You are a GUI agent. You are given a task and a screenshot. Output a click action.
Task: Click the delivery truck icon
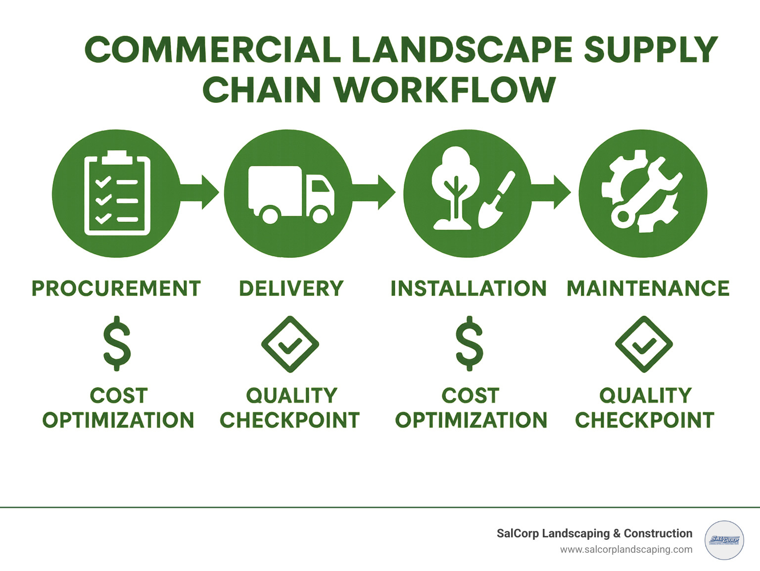(290, 194)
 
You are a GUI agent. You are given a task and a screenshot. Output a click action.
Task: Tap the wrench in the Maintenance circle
(643, 193)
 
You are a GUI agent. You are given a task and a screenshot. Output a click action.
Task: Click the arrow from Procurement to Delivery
(200, 191)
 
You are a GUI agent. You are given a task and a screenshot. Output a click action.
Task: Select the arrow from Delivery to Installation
(376, 191)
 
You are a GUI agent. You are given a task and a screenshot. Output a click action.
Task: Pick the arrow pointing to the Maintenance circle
(552, 191)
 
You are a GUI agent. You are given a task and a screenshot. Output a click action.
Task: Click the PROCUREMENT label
(116, 288)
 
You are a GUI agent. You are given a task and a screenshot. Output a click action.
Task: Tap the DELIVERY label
(291, 288)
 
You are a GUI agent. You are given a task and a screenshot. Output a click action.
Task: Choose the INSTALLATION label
(469, 288)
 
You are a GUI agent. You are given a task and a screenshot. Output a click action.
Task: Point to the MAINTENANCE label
(648, 288)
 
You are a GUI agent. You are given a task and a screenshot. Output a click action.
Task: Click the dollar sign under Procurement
(117, 343)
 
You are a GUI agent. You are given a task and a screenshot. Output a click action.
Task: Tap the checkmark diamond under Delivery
(290, 344)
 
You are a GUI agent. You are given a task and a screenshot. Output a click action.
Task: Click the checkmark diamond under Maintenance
(644, 344)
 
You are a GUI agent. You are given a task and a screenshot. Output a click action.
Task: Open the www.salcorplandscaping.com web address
(626, 550)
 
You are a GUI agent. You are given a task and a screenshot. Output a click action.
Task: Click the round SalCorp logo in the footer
(724, 540)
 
